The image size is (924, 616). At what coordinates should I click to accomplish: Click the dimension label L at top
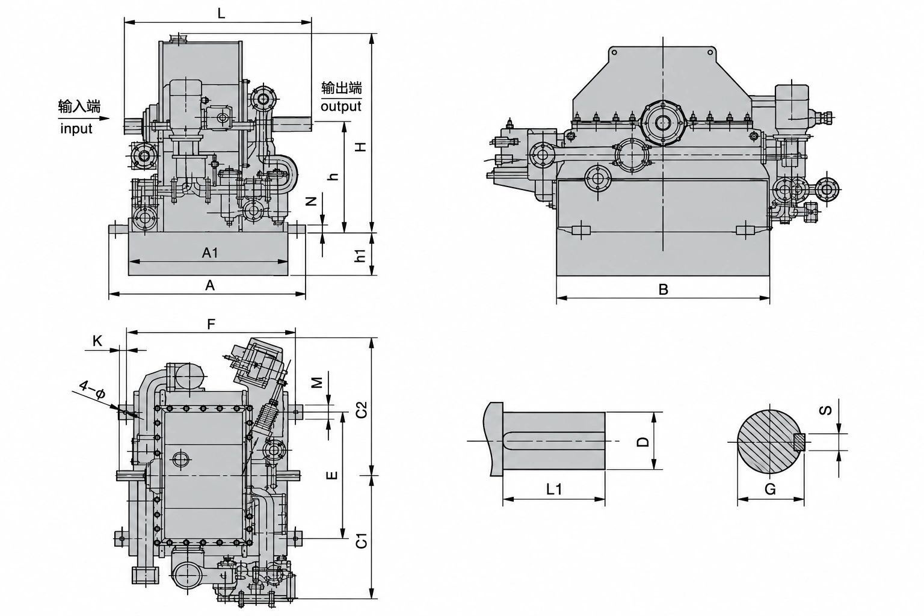pos(221,13)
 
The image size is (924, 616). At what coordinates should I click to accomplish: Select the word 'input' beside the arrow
pos(76,129)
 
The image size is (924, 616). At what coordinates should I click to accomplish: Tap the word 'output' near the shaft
pos(340,106)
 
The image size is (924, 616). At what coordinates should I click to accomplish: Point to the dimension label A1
pos(209,253)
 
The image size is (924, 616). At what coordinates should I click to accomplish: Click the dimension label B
pos(663,289)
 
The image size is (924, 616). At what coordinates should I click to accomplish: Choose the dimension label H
pos(362,146)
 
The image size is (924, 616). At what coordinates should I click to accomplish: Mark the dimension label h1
pos(361,256)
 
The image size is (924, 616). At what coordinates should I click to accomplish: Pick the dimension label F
pos(211,325)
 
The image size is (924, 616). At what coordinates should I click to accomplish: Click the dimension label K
pos(97,341)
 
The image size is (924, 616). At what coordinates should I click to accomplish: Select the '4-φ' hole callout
pos(93,389)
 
